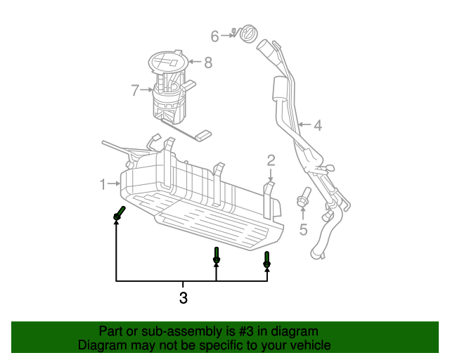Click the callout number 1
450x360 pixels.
pyautogui.click(x=103, y=184)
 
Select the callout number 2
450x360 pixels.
pyautogui.click(x=271, y=161)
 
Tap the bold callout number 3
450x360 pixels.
pyautogui.click(x=184, y=297)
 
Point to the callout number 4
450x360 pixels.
pyautogui.click(x=317, y=126)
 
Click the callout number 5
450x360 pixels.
pyautogui.click(x=304, y=229)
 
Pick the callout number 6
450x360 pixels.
pyautogui.click(x=215, y=34)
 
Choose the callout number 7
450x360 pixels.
pyautogui.click(x=135, y=89)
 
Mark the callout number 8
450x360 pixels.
pyautogui.click(x=207, y=63)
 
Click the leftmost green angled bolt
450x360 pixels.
pyautogui.click(x=119, y=213)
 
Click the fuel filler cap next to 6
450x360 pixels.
pyautogui.click(x=249, y=33)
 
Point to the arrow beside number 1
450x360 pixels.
pyautogui.click(x=115, y=184)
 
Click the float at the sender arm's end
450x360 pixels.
pyautogui.click(x=204, y=135)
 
